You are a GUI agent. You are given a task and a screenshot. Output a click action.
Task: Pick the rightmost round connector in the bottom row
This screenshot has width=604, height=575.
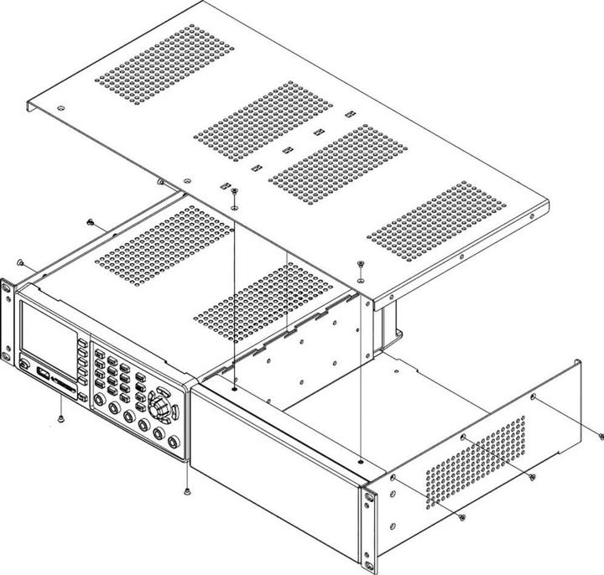click(x=173, y=442)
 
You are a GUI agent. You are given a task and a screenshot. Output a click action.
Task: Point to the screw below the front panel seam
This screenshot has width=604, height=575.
click(x=186, y=490)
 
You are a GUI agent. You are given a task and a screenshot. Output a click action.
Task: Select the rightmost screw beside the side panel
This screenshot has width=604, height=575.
click(x=601, y=436)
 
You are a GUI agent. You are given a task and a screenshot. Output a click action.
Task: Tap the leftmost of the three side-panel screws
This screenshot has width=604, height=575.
click(x=462, y=518)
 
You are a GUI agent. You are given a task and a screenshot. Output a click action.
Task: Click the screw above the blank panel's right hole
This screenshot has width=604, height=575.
click(x=360, y=267)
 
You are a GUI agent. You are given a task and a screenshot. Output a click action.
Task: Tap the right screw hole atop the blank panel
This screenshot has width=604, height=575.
click(x=360, y=460)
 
